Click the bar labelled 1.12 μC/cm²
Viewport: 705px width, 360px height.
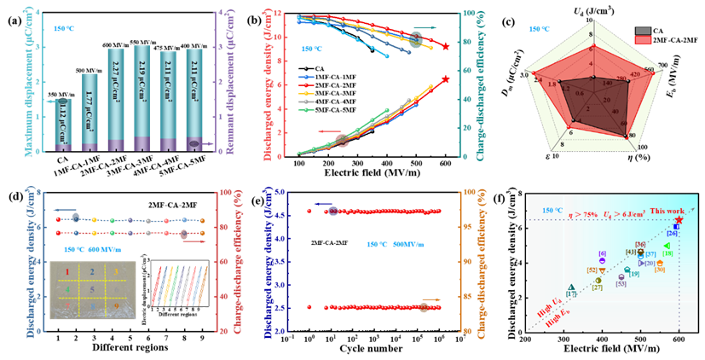pyautogui.click(x=62, y=125)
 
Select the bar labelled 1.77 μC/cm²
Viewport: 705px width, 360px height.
pyautogui.click(x=90, y=112)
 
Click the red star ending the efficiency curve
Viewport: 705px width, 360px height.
pyautogui.click(x=445, y=46)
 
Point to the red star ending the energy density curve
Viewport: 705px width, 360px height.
pyautogui.click(x=445, y=79)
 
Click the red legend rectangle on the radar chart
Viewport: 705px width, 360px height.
pyautogui.click(x=643, y=39)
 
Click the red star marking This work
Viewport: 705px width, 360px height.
pyautogui.click(x=679, y=219)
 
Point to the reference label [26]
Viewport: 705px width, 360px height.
pyautogui.click(x=672, y=233)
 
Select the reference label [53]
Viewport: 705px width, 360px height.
pyautogui.click(x=621, y=283)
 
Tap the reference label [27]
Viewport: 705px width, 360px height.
pyautogui.click(x=598, y=287)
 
